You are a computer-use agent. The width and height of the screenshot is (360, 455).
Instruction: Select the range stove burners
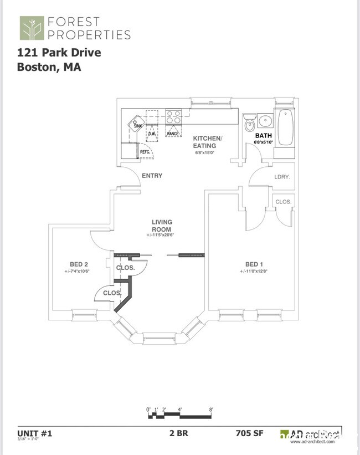click(x=174, y=117)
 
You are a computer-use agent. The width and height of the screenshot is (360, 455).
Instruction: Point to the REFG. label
click(x=146, y=151)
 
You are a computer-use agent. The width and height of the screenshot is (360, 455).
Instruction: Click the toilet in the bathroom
click(x=249, y=123)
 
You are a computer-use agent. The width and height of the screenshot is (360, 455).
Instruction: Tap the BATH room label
click(x=264, y=135)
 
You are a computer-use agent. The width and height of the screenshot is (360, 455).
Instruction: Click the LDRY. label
click(x=282, y=177)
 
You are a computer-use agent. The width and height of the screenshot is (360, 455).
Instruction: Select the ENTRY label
click(x=152, y=176)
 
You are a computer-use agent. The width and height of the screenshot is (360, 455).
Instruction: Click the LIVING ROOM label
click(x=162, y=226)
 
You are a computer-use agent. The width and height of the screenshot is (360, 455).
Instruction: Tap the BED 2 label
click(x=77, y=264)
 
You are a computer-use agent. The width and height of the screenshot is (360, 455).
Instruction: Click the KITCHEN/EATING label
click(x=207, y=142)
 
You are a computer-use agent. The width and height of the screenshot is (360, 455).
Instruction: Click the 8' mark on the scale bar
click(x=211, y=410)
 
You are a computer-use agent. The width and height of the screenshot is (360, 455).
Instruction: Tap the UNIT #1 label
click(x=34, y=433)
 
